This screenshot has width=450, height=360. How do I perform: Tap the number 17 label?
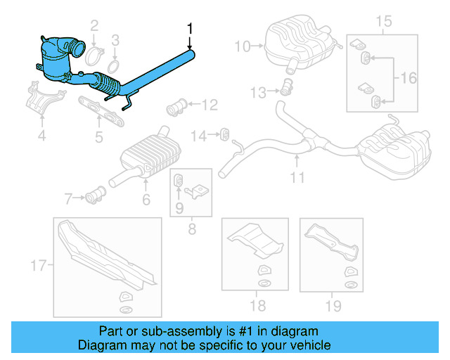pos(38,266)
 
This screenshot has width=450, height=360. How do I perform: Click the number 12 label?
pos(210,106)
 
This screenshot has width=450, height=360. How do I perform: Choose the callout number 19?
pos(333,306)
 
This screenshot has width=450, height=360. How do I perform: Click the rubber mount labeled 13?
pos(286,88)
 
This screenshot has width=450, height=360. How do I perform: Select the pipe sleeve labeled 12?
pos(176,110)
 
